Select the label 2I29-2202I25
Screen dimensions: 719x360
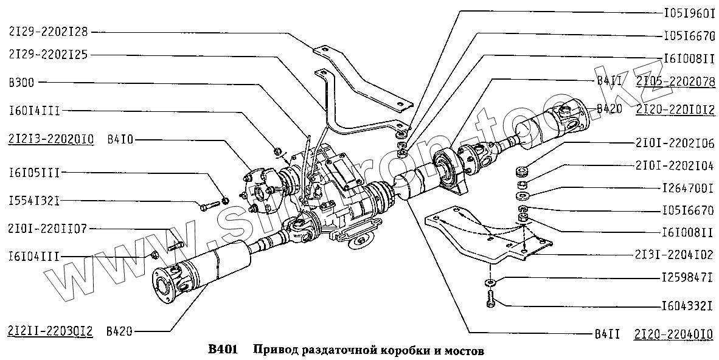point(49,54)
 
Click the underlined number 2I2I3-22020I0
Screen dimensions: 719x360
point(50,140)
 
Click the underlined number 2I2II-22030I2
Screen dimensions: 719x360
point(50,331)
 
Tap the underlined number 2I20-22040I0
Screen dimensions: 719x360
point(675,333)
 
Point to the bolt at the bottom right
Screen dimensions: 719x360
point(490,300)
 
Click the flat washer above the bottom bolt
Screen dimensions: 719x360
point(490,282)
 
